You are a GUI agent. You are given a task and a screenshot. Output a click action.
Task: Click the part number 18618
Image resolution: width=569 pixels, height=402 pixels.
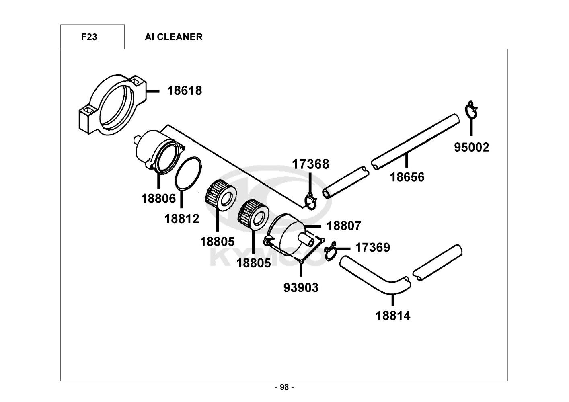185,91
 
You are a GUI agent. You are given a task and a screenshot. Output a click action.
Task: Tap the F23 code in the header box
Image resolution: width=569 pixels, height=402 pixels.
89,37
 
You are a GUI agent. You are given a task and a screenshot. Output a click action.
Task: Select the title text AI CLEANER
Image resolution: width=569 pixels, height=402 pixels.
174,37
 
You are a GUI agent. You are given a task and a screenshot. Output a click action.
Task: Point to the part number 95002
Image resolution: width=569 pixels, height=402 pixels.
471,147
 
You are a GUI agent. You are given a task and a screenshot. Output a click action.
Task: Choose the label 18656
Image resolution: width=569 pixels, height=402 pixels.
407,177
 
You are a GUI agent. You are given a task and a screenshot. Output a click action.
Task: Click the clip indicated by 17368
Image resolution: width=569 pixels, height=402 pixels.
311,202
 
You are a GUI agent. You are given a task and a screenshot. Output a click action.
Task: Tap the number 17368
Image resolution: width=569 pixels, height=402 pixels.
310,164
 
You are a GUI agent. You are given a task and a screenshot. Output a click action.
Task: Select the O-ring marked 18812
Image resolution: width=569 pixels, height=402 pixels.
188,173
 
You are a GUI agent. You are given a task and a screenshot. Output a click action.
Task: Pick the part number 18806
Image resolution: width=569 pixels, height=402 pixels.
158,198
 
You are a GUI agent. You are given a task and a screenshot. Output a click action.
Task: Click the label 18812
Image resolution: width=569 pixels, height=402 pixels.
182,219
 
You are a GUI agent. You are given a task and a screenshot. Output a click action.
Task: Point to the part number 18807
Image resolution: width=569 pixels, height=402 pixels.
344,226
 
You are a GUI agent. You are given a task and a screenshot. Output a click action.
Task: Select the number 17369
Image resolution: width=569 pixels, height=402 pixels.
372,247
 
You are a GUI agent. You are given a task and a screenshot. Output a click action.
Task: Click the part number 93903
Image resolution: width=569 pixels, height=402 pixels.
301,288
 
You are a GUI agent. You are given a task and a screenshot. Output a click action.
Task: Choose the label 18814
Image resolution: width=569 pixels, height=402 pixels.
393,316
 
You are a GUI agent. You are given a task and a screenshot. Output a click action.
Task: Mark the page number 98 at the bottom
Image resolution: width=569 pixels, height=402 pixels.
284,387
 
